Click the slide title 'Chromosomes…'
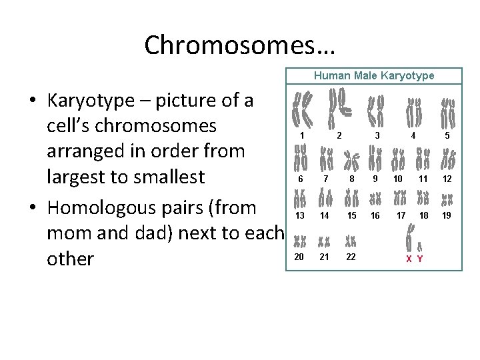240,45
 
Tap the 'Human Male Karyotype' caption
374,76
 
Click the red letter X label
409,259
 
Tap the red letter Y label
419,259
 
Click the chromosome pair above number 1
303,110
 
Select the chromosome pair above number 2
340,107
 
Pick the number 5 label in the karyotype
447,136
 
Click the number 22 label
351,257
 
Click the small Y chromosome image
420,246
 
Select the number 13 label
300,215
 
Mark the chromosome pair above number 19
447,199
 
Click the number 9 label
375,179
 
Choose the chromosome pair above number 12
448,160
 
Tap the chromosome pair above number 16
375,199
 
